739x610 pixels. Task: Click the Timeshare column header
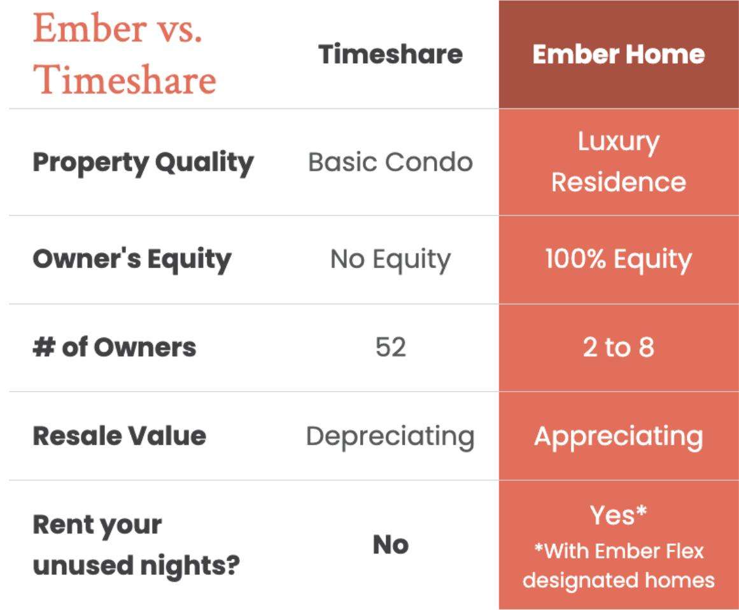point(390,55)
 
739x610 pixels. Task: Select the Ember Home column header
point(618,55)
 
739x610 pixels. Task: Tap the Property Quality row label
point(143,163)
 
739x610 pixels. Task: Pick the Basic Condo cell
point(390,163)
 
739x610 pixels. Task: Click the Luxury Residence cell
point(618,163)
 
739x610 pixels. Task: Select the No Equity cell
point(390,259)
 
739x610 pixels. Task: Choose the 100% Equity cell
point(618,259)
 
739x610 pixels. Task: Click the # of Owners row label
point(115,348)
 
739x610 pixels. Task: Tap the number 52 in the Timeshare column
point(390,348)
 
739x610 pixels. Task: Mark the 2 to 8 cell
point(618,348)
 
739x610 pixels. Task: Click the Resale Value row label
point(119,436)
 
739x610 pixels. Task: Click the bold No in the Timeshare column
point(390,545)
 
